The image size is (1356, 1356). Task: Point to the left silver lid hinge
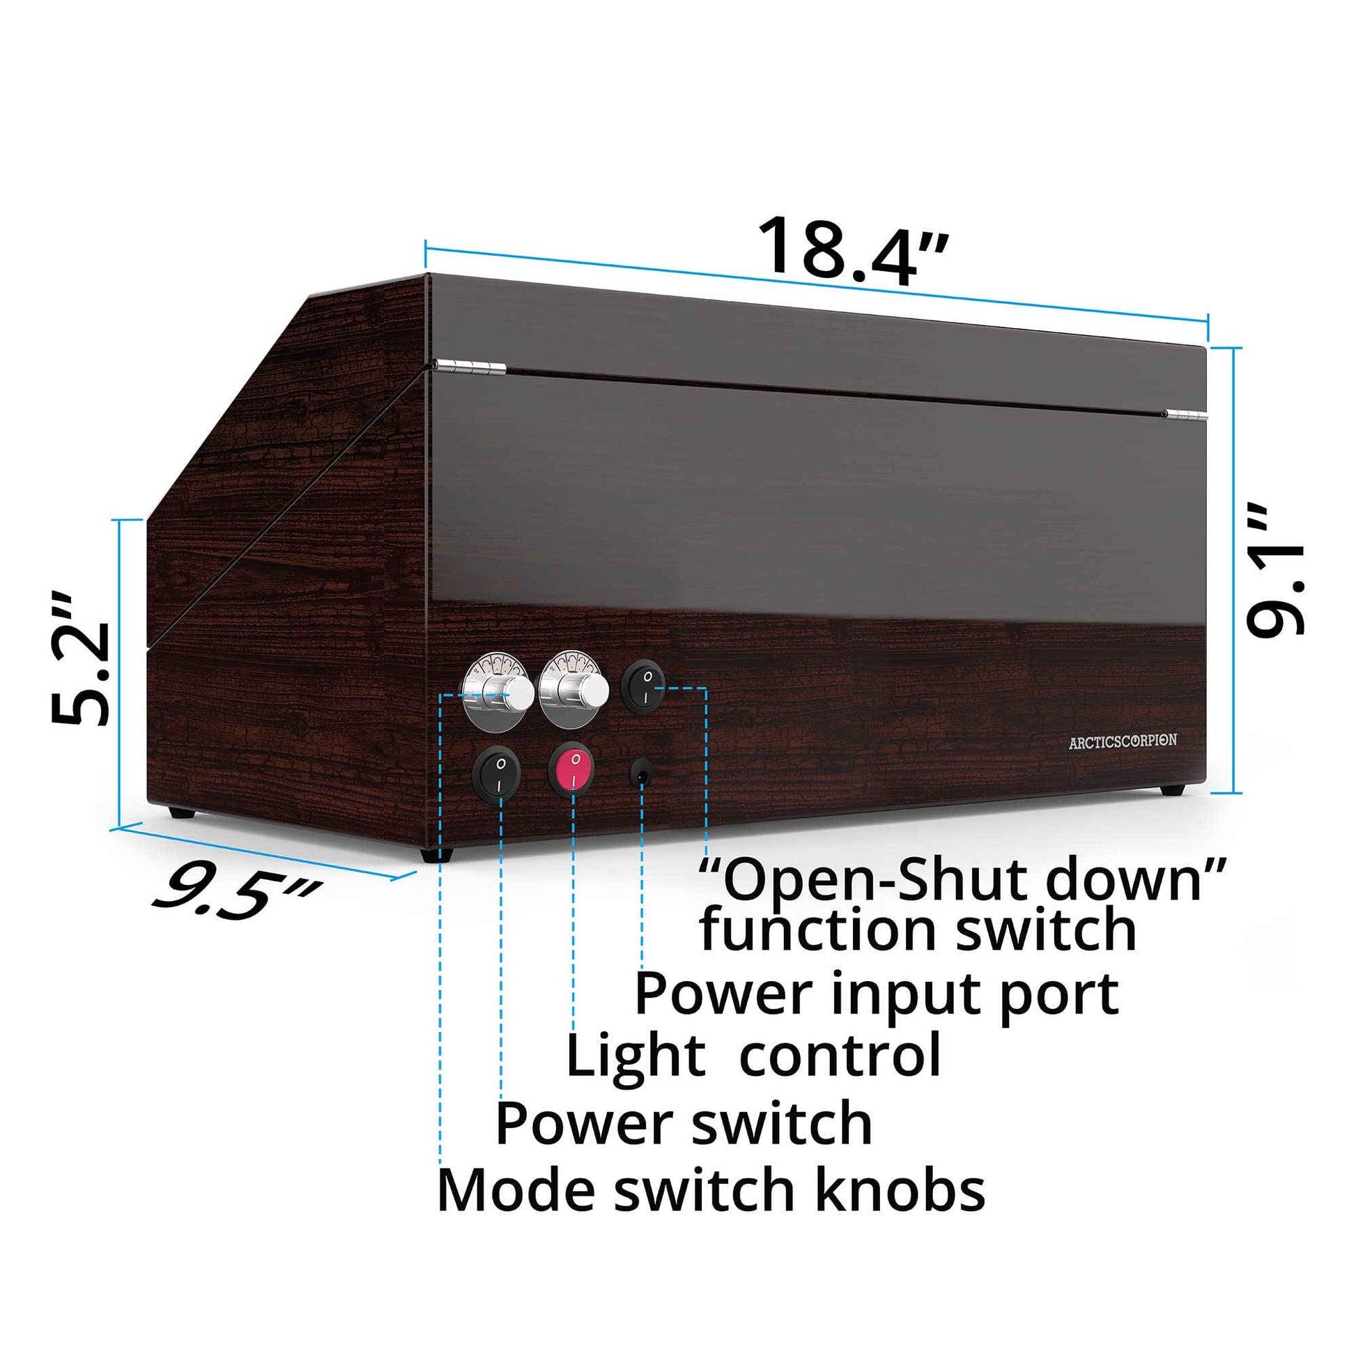tap(469, 367)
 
